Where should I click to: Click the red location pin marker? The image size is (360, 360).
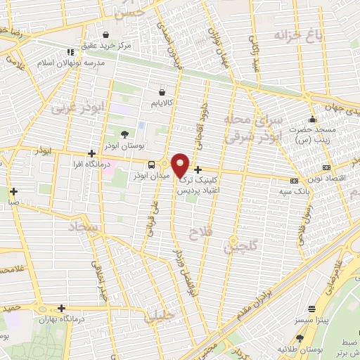(180, 165)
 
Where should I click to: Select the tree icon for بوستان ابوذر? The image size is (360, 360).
(124, 134)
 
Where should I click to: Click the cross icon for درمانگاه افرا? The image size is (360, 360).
(91, 153)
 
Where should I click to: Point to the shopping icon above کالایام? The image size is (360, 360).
(163, 91)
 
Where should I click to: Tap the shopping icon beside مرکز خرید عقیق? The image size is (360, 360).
(106, 34)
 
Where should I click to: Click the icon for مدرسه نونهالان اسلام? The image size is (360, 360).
(70, 52)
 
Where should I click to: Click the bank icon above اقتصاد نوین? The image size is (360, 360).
(326, 168)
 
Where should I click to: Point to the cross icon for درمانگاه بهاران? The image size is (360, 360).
(62, 308)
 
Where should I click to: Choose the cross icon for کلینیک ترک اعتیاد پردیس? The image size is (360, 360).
(198, 169)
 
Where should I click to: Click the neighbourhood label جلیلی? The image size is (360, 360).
(158, 317)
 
